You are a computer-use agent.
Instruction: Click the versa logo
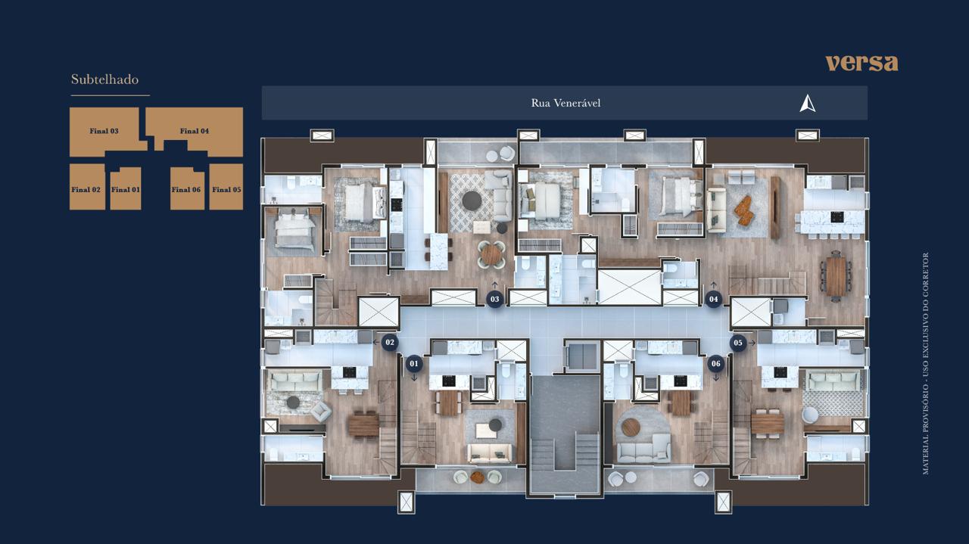click(862, 63)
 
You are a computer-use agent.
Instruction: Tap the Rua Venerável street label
click(566, 103)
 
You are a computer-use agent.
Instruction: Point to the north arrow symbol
click(807, 104)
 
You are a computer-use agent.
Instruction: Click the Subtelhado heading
click(104, 79)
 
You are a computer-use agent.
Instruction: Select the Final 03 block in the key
click(104, 131)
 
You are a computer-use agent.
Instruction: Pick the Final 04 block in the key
click(195, 131)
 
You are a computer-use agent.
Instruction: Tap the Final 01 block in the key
click(126, 188)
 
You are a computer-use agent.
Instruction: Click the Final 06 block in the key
click(187, 188)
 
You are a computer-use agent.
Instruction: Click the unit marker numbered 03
click(495, 299)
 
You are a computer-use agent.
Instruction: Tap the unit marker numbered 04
click(713, 299)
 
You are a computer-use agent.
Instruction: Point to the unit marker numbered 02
click(390, 343)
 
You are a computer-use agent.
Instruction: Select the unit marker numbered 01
click(414, 364)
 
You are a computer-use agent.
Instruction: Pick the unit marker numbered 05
click(738, 343)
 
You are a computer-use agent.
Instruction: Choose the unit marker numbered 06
click(716, 364)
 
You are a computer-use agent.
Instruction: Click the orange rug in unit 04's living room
click(744, 210)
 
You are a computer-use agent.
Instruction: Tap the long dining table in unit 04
click(836, 276)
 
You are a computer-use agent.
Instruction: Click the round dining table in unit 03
click(491, 255)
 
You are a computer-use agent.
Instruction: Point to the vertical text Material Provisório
click(926, 363)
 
